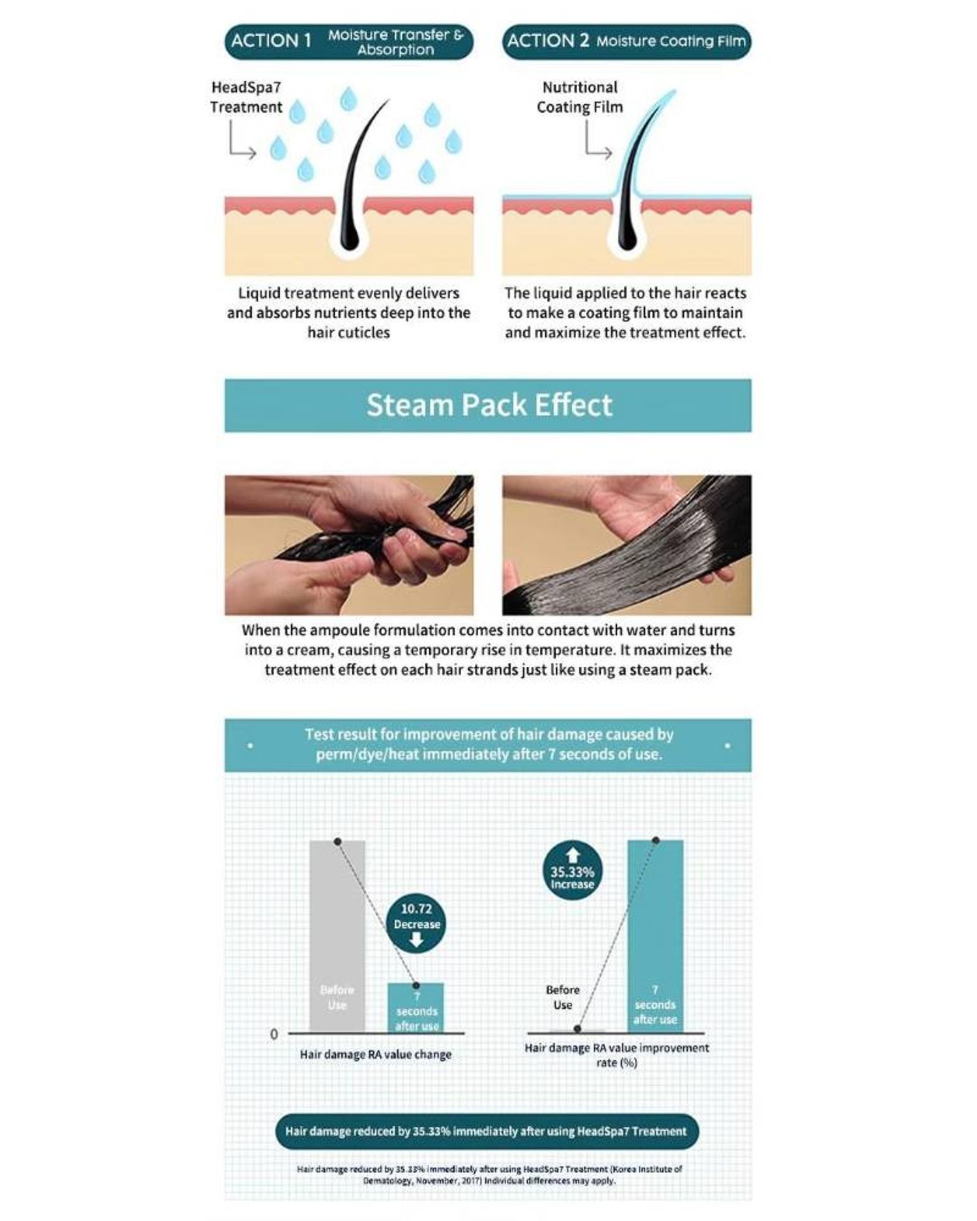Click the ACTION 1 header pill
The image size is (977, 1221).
coord(348,42)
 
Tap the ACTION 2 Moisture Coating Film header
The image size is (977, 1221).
coord(626,42)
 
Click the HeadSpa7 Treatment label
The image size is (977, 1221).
coord(246,97)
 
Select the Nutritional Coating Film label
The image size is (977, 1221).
coord(580,97)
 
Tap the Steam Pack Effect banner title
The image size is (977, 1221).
coord(488,405)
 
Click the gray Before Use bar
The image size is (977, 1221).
coord(337,936)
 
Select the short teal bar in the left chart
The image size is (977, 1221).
coord(416,1007)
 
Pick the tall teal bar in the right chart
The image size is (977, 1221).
coord(655,936)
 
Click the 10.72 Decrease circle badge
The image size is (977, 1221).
coord(416,923)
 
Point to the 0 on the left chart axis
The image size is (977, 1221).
coord(274,1034)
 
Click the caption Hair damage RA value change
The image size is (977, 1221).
coord(375,1054)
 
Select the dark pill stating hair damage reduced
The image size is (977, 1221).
coord(487,1131)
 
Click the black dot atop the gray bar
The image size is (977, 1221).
coord(337,841)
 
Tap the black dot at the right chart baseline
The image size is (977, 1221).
coord(577,1029)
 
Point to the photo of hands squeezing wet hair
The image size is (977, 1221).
coord(349,545)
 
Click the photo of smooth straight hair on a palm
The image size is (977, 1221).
coord(627,545)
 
